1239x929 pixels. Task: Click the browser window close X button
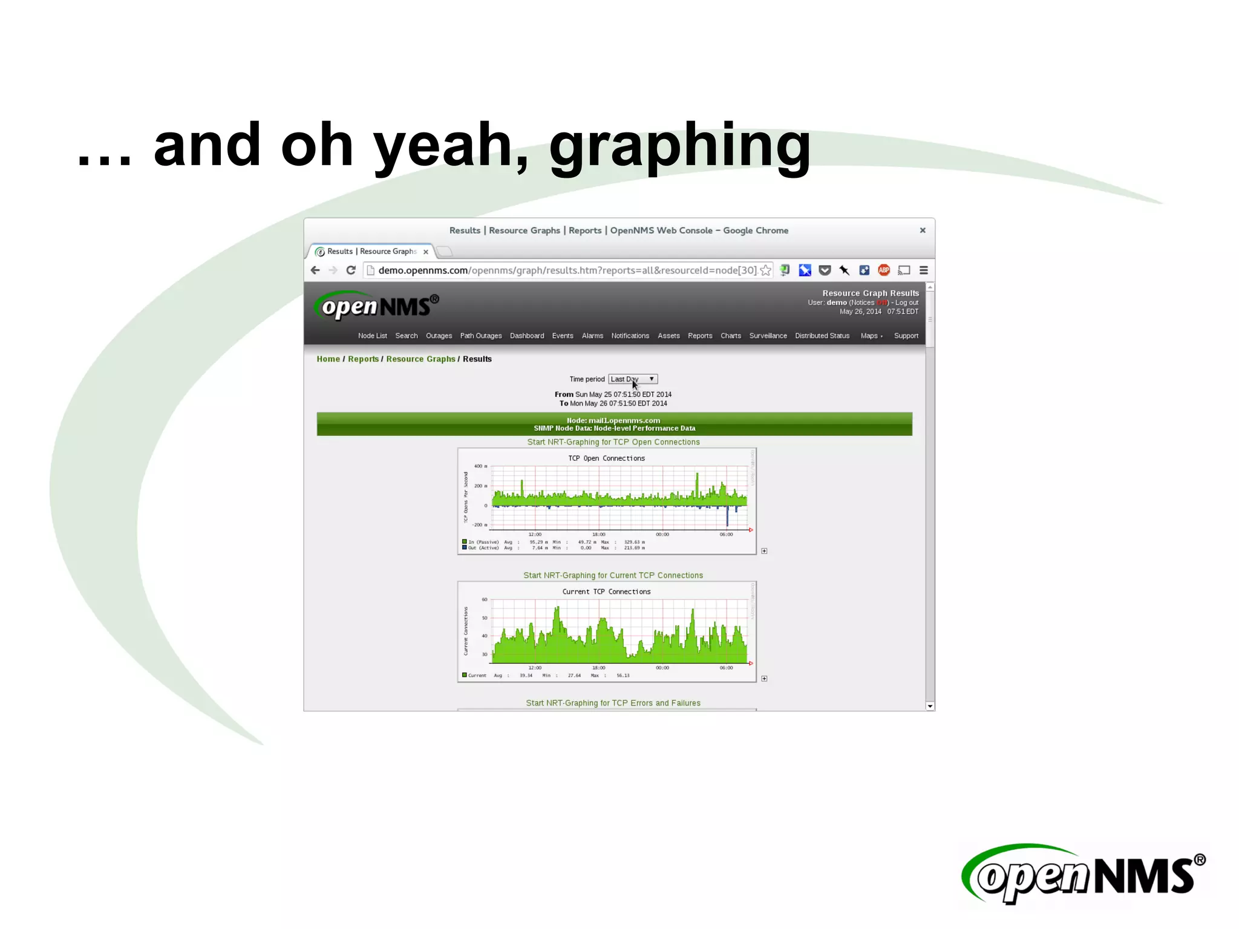[x=923, y=230]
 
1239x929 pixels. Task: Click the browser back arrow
[x=315, y=270]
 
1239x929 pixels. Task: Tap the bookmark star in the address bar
[x=766, y=270]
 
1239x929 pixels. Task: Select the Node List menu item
[x=372, y=336]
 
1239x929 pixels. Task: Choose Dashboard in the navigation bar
[x=526, y=336]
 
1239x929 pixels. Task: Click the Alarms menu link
[x=592, y=336]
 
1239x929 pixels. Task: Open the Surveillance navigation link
[x=768, y=336]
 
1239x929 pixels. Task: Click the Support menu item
[x=906, y=336]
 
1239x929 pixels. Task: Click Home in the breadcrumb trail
[x=328, y=359]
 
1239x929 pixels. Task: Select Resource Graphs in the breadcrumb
[x=420, y=359]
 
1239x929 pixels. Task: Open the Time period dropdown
[x=633, y=379]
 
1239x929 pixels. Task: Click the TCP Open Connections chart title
[x=606, y=458]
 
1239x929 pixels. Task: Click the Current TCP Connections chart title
[x=606, y=592]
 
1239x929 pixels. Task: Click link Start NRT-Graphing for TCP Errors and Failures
[x=613, y=703]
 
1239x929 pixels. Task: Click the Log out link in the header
[x=906, y=302]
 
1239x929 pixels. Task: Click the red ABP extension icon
[x=884, y=270]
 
